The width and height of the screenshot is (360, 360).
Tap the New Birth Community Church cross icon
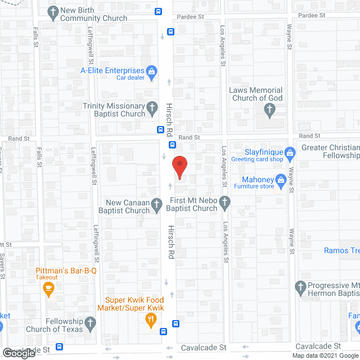pos(53,11)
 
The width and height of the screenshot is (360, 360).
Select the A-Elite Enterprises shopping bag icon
pos(151,71)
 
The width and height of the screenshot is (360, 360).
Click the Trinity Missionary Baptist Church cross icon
pos(152,106)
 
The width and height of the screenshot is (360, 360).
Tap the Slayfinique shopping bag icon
pos(290,152)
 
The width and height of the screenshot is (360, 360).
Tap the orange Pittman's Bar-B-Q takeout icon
pos(48,290)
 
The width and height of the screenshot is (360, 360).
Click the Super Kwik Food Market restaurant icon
pos(151,321)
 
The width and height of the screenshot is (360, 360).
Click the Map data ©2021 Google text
pos(325,355)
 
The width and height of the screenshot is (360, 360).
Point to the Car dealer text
pos(130,78)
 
